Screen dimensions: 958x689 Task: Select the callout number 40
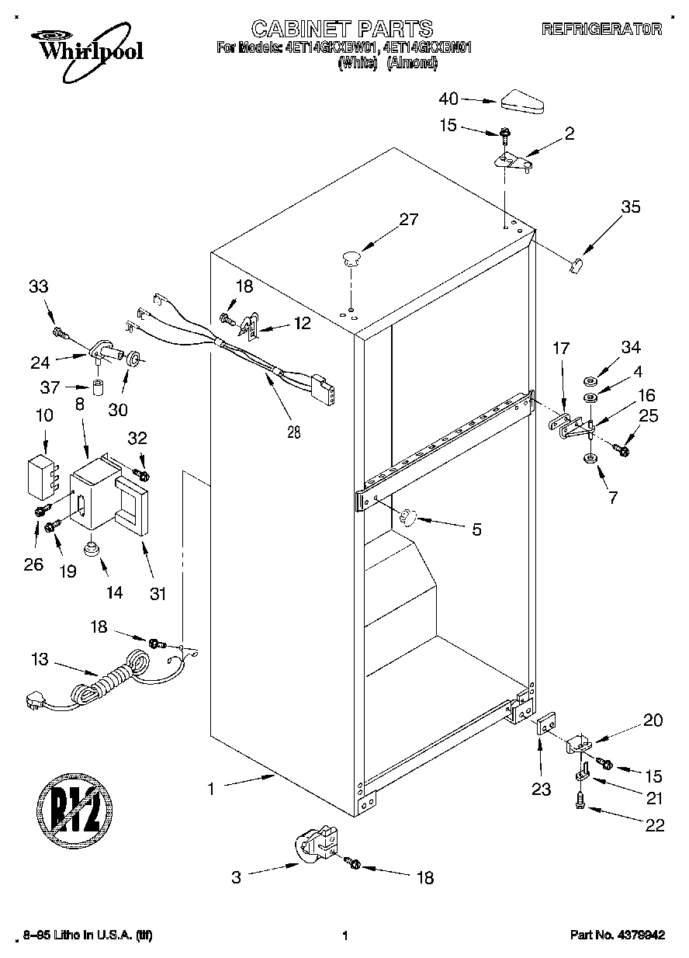(x=449, y=99)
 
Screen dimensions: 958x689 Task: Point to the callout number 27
(x=408, y=220)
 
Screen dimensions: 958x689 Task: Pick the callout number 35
(x=631, y=207)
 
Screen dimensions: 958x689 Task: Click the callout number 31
(x=158, y=595)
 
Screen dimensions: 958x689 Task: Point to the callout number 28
(x=293, y=432)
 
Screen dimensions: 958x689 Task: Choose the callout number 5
(x=476, y=530)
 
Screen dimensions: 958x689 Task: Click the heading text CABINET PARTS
(x=342, y=30)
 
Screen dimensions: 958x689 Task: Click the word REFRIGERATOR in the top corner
(x=601, y=30)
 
